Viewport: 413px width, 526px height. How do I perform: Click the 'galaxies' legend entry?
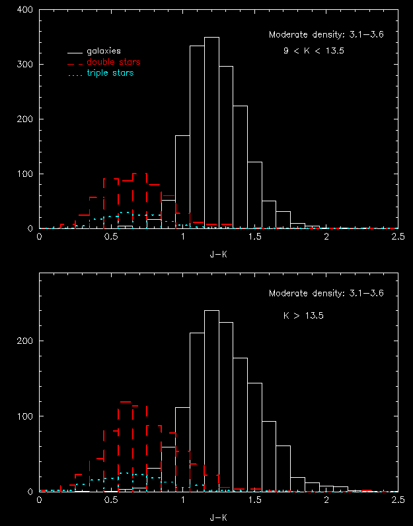[x=103, y=50]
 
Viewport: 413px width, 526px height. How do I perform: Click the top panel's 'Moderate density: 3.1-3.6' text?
[x=326, y=35]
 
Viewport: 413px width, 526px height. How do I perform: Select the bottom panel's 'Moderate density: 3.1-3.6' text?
[x=326, y=293]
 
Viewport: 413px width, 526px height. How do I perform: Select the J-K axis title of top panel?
[x=218, y=251]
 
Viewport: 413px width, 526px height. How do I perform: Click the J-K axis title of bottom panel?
[x=218, y=515]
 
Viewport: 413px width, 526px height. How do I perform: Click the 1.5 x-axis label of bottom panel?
[x=254, y=500]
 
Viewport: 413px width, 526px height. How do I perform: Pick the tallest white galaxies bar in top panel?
[x=211, y=132]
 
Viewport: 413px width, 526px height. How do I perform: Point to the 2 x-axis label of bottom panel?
[x=326, y=500]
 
